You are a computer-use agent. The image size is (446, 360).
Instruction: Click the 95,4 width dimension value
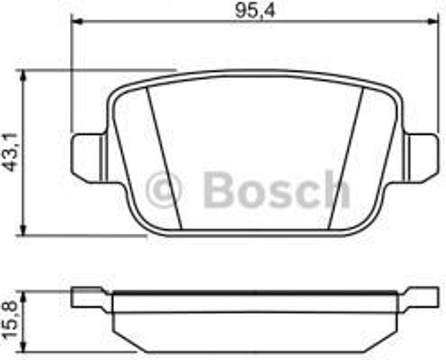tap(255, 10)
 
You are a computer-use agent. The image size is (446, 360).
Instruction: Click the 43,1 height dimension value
tap(12, 152)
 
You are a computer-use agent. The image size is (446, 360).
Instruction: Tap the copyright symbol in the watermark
tap(163, 190)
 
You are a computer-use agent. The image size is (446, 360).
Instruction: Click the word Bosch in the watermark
tap(277, 190)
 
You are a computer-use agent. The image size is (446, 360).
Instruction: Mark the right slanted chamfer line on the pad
tap(346, 157)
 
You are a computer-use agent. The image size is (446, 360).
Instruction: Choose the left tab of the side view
tap(87, 298)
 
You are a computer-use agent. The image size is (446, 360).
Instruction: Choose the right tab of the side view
tap(420, 298)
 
